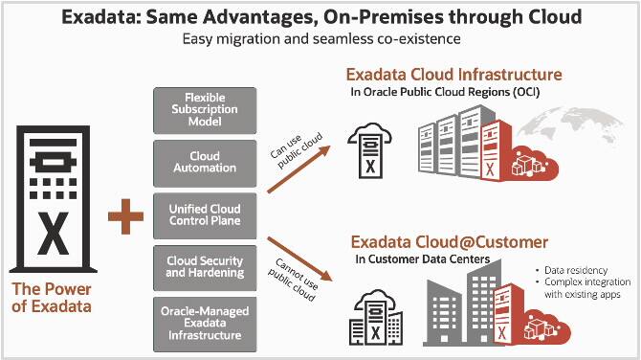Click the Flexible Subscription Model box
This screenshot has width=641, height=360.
204,109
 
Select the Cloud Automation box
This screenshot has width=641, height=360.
204,162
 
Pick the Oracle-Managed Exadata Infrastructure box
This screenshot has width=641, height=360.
204,323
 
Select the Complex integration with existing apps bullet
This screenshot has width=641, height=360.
586,289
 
